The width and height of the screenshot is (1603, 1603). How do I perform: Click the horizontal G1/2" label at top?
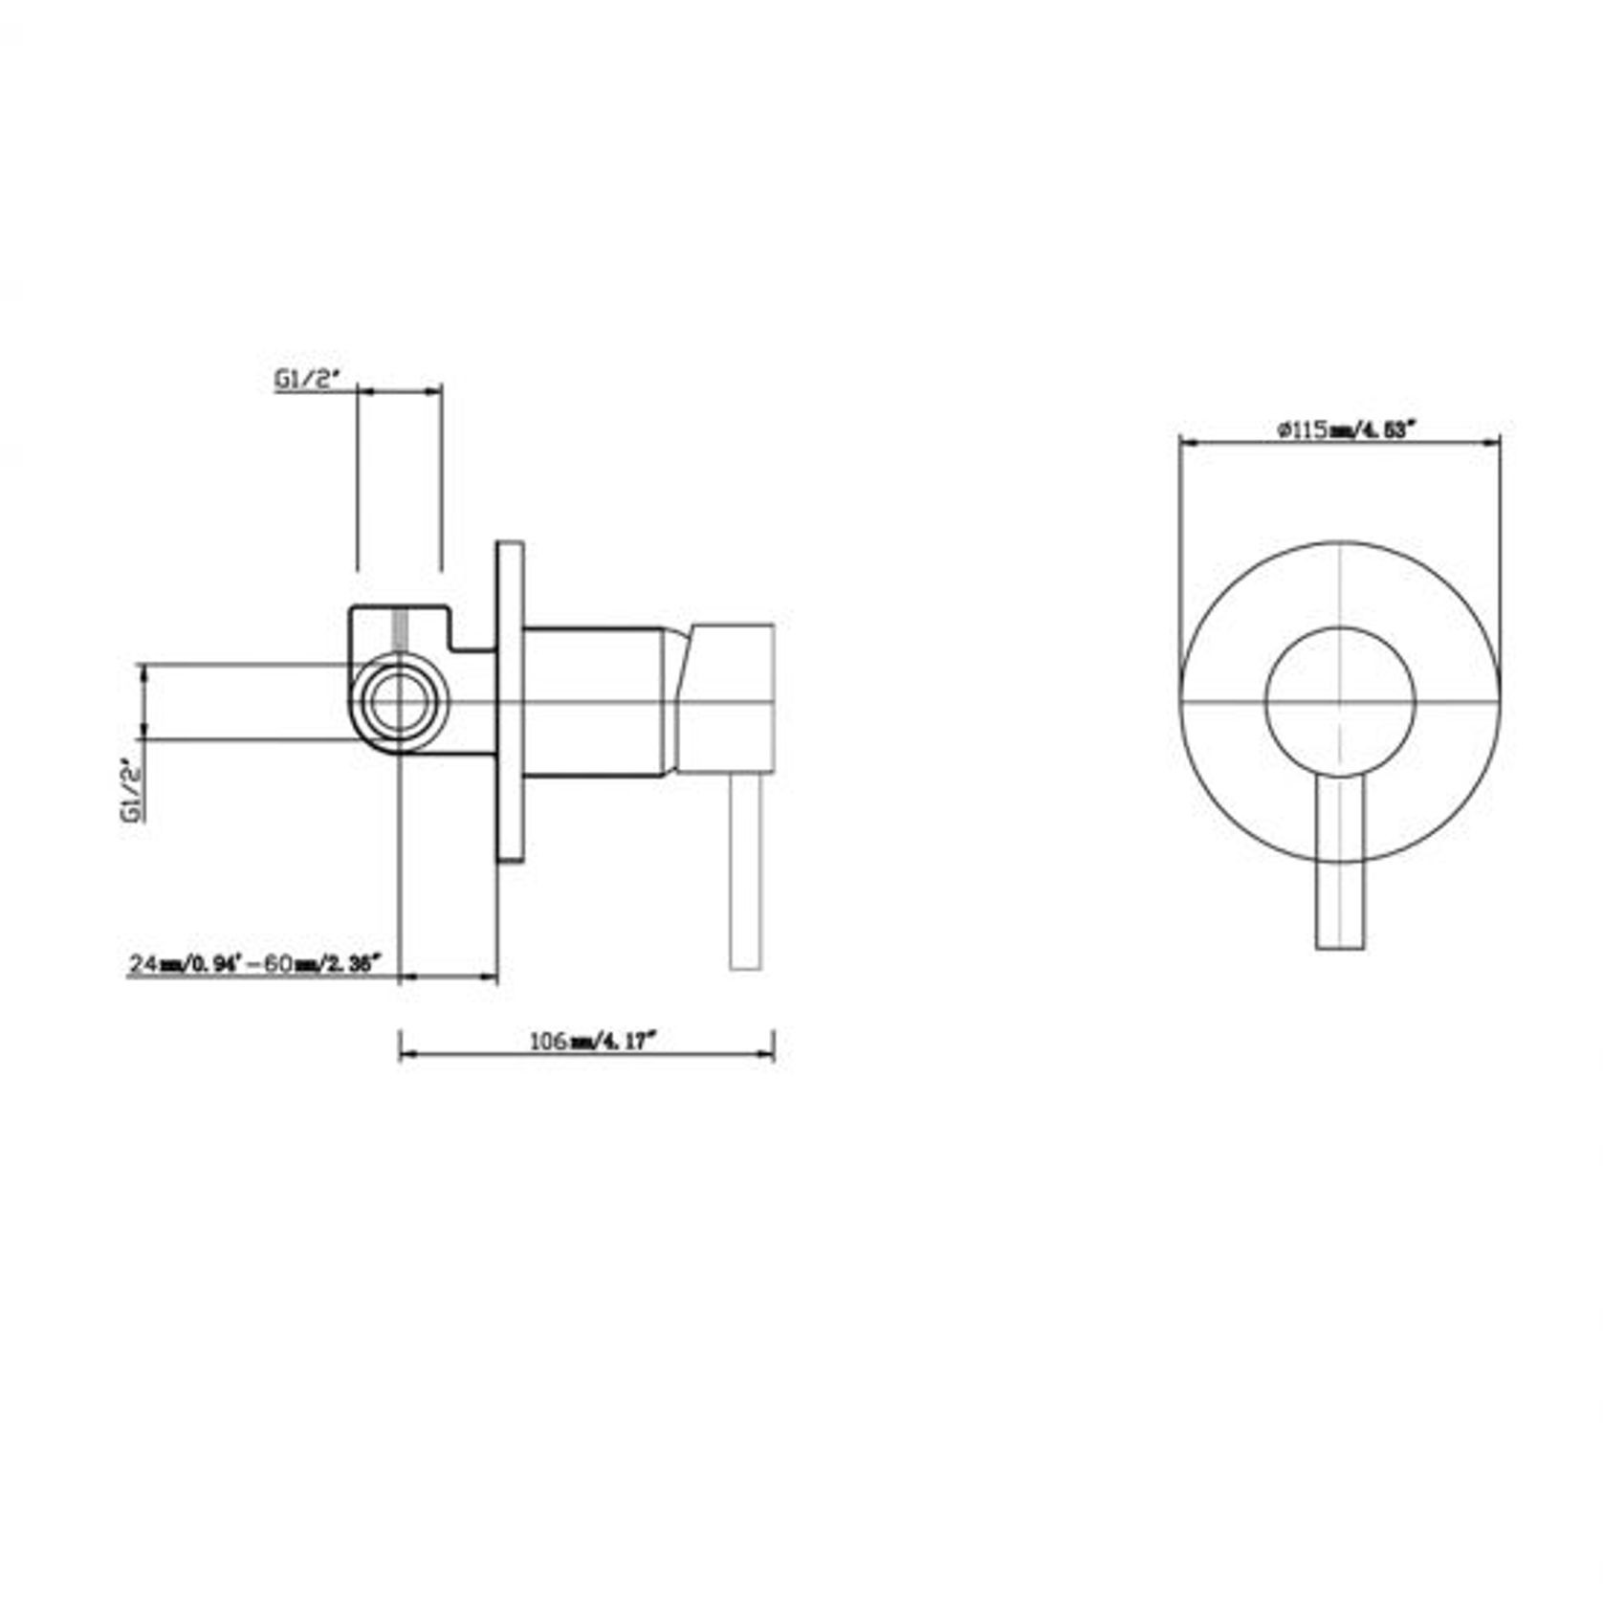click(x=308, y=380)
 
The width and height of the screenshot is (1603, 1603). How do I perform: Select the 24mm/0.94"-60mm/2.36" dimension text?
click(x=256, y=963)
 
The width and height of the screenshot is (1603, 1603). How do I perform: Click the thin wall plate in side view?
click(x=510, y=703)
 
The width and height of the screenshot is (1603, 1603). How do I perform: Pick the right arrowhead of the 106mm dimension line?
click(x=768, y=1054)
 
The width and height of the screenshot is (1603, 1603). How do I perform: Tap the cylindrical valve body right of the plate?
click(x=593, y=703)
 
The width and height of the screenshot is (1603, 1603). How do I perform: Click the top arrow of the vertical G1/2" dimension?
click(x=143, y=671)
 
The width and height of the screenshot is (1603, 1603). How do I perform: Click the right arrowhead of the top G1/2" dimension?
click(x=437, y=390)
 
